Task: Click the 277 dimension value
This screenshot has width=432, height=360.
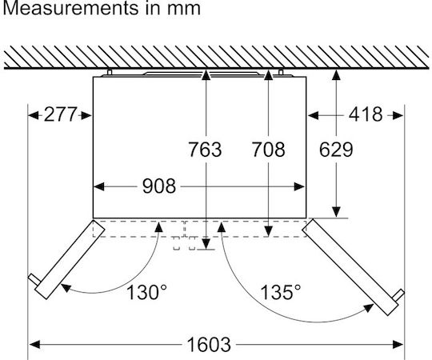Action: tap(60, 114)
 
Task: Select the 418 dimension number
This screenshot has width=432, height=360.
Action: tap(366, 114)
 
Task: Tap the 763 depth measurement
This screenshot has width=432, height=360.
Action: tap(205, 150)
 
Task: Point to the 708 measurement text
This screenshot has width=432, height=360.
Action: tap(268, 150)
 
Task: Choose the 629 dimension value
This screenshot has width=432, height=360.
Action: tap(336, 150)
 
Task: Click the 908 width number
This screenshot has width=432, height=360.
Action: tap(159, 186)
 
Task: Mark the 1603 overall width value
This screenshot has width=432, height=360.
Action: tap(209, 344)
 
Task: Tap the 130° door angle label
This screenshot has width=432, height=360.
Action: tap(146, 292)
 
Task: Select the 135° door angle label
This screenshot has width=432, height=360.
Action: tap(281, 292)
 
